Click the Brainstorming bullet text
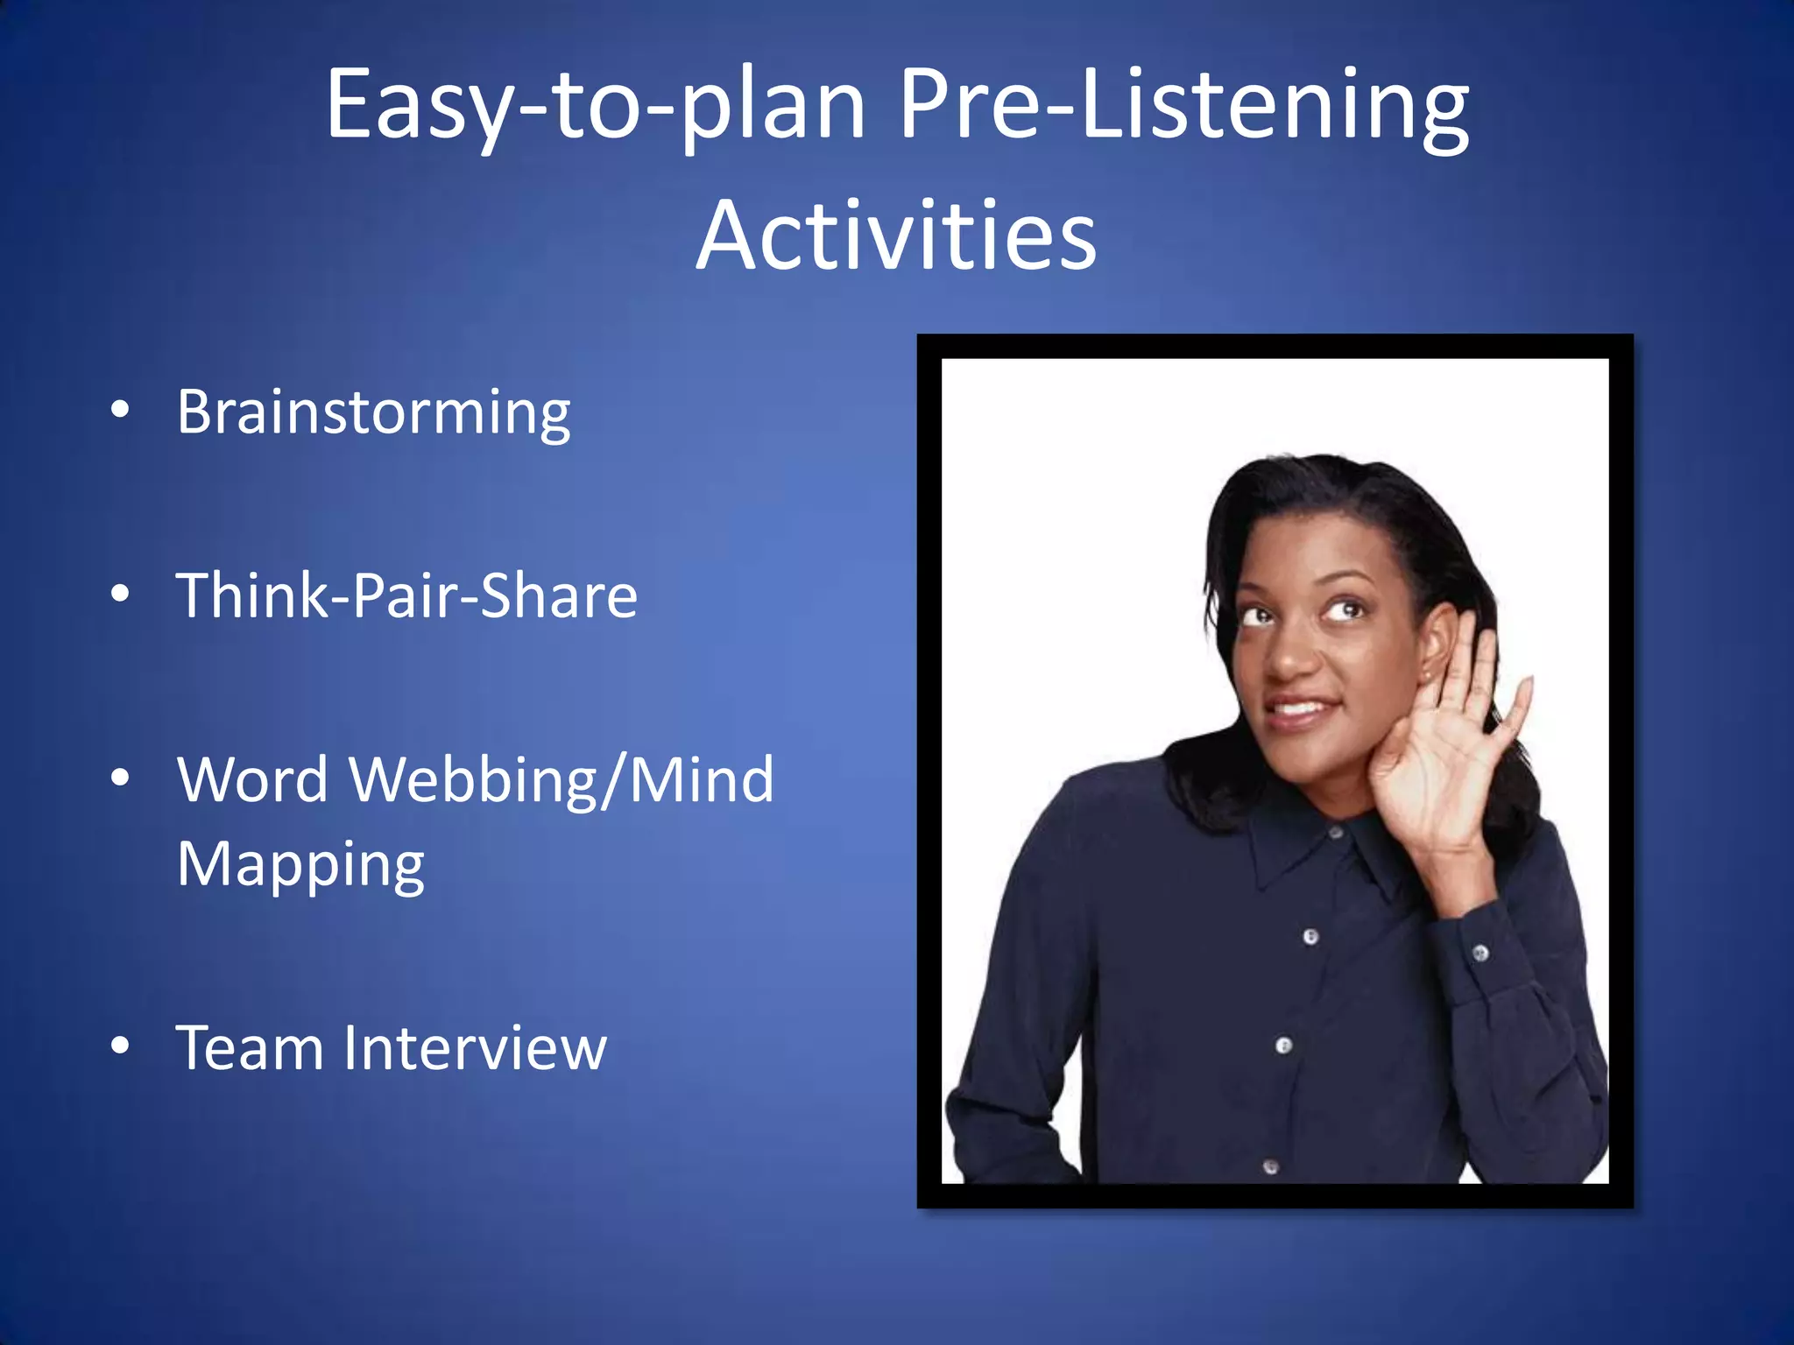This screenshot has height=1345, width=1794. [x=373, y=412]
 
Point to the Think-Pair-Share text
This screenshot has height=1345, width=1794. [x=406, y=595]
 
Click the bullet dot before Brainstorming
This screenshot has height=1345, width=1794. [x=120, y=410]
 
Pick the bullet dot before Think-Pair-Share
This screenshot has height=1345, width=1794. [x=120, y=594]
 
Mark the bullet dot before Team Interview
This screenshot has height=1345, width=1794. [x=120, y=1045]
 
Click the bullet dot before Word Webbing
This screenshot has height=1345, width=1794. [x=120, y=777]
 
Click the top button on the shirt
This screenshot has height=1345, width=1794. [x=1335, y=833]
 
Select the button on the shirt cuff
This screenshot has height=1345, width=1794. [x=1480, y=952]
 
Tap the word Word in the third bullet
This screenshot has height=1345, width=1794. [x=252, y=779]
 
